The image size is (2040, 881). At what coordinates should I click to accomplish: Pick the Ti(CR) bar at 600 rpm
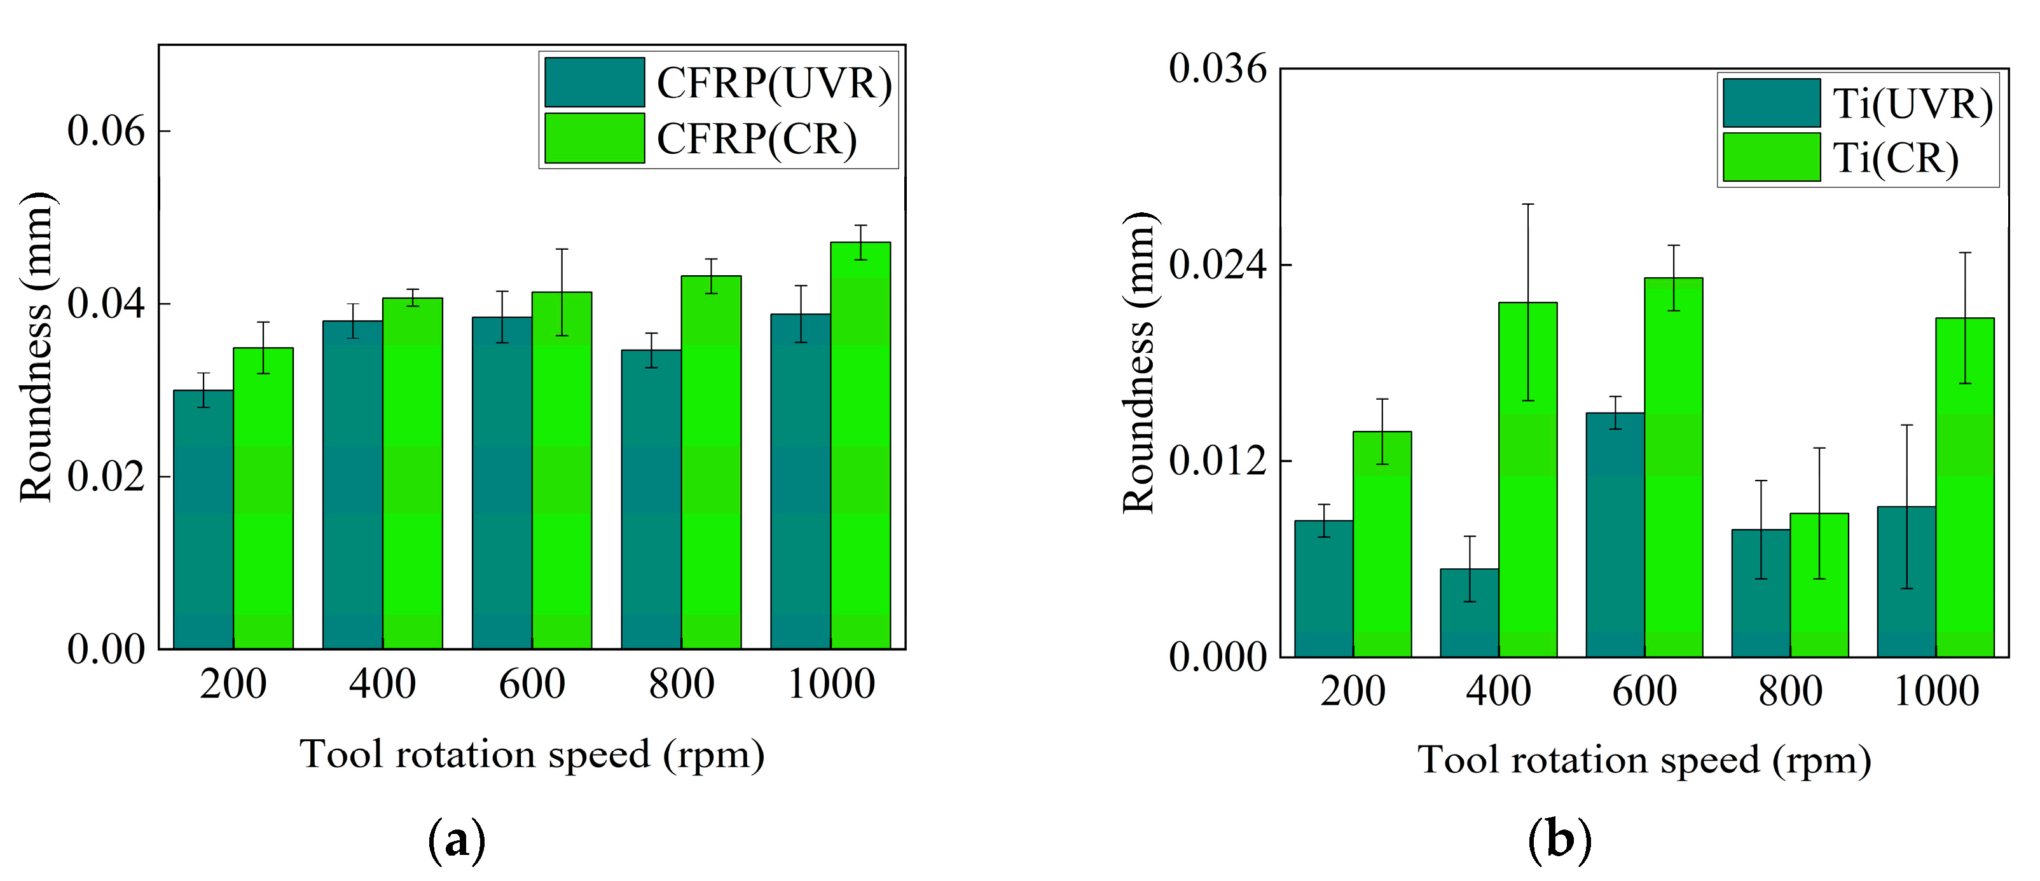pyautogui.click(x=1673, y=467)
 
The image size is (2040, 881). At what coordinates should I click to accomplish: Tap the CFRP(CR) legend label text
pyautogui.click(x=756, y=139)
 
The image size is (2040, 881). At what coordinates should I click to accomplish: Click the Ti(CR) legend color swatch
pyautogui.click(x=1771, y=158)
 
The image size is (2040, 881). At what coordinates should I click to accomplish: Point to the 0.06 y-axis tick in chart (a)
pyautogui.click(x=107, y=130)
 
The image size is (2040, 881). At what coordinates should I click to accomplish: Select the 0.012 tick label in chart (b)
pyautogui.click(x=1218, y=461)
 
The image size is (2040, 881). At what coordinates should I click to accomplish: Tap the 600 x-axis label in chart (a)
pyautogui.click(x=532, y=684)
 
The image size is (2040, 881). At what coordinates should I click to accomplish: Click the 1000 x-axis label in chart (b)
pyautogui.click(x=1936, y=691)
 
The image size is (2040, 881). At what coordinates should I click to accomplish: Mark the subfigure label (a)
pyautogui.click(x=456, y=840)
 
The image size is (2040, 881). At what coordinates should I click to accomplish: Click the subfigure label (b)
pyautogui.click(x=1559, y=840)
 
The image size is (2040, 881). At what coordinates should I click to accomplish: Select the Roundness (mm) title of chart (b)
pyautogui.click(x=1140, y=362)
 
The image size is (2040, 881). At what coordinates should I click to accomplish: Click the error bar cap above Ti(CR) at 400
pyautogui.click(x=1527, y=204)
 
